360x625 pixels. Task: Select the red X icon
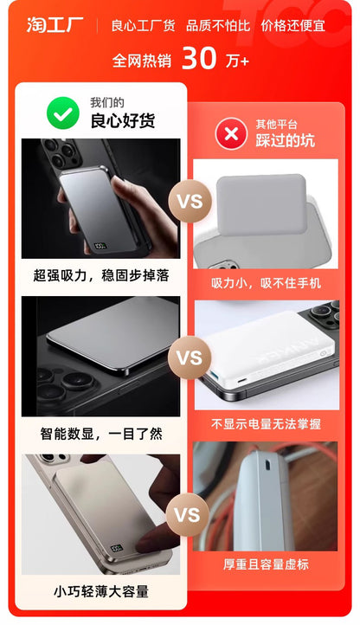230,133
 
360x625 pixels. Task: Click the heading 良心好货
123,120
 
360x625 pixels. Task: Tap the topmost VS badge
189,201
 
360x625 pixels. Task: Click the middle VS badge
189,358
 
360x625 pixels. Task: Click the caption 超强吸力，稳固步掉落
100,275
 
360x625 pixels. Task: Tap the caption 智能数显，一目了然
100,433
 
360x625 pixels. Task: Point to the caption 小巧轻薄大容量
100,592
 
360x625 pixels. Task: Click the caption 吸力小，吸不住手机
266,283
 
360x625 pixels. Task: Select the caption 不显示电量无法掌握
266,424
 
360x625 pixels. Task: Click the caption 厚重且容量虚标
266,564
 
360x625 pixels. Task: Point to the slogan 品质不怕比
218,25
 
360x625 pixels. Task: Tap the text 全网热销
142,61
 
